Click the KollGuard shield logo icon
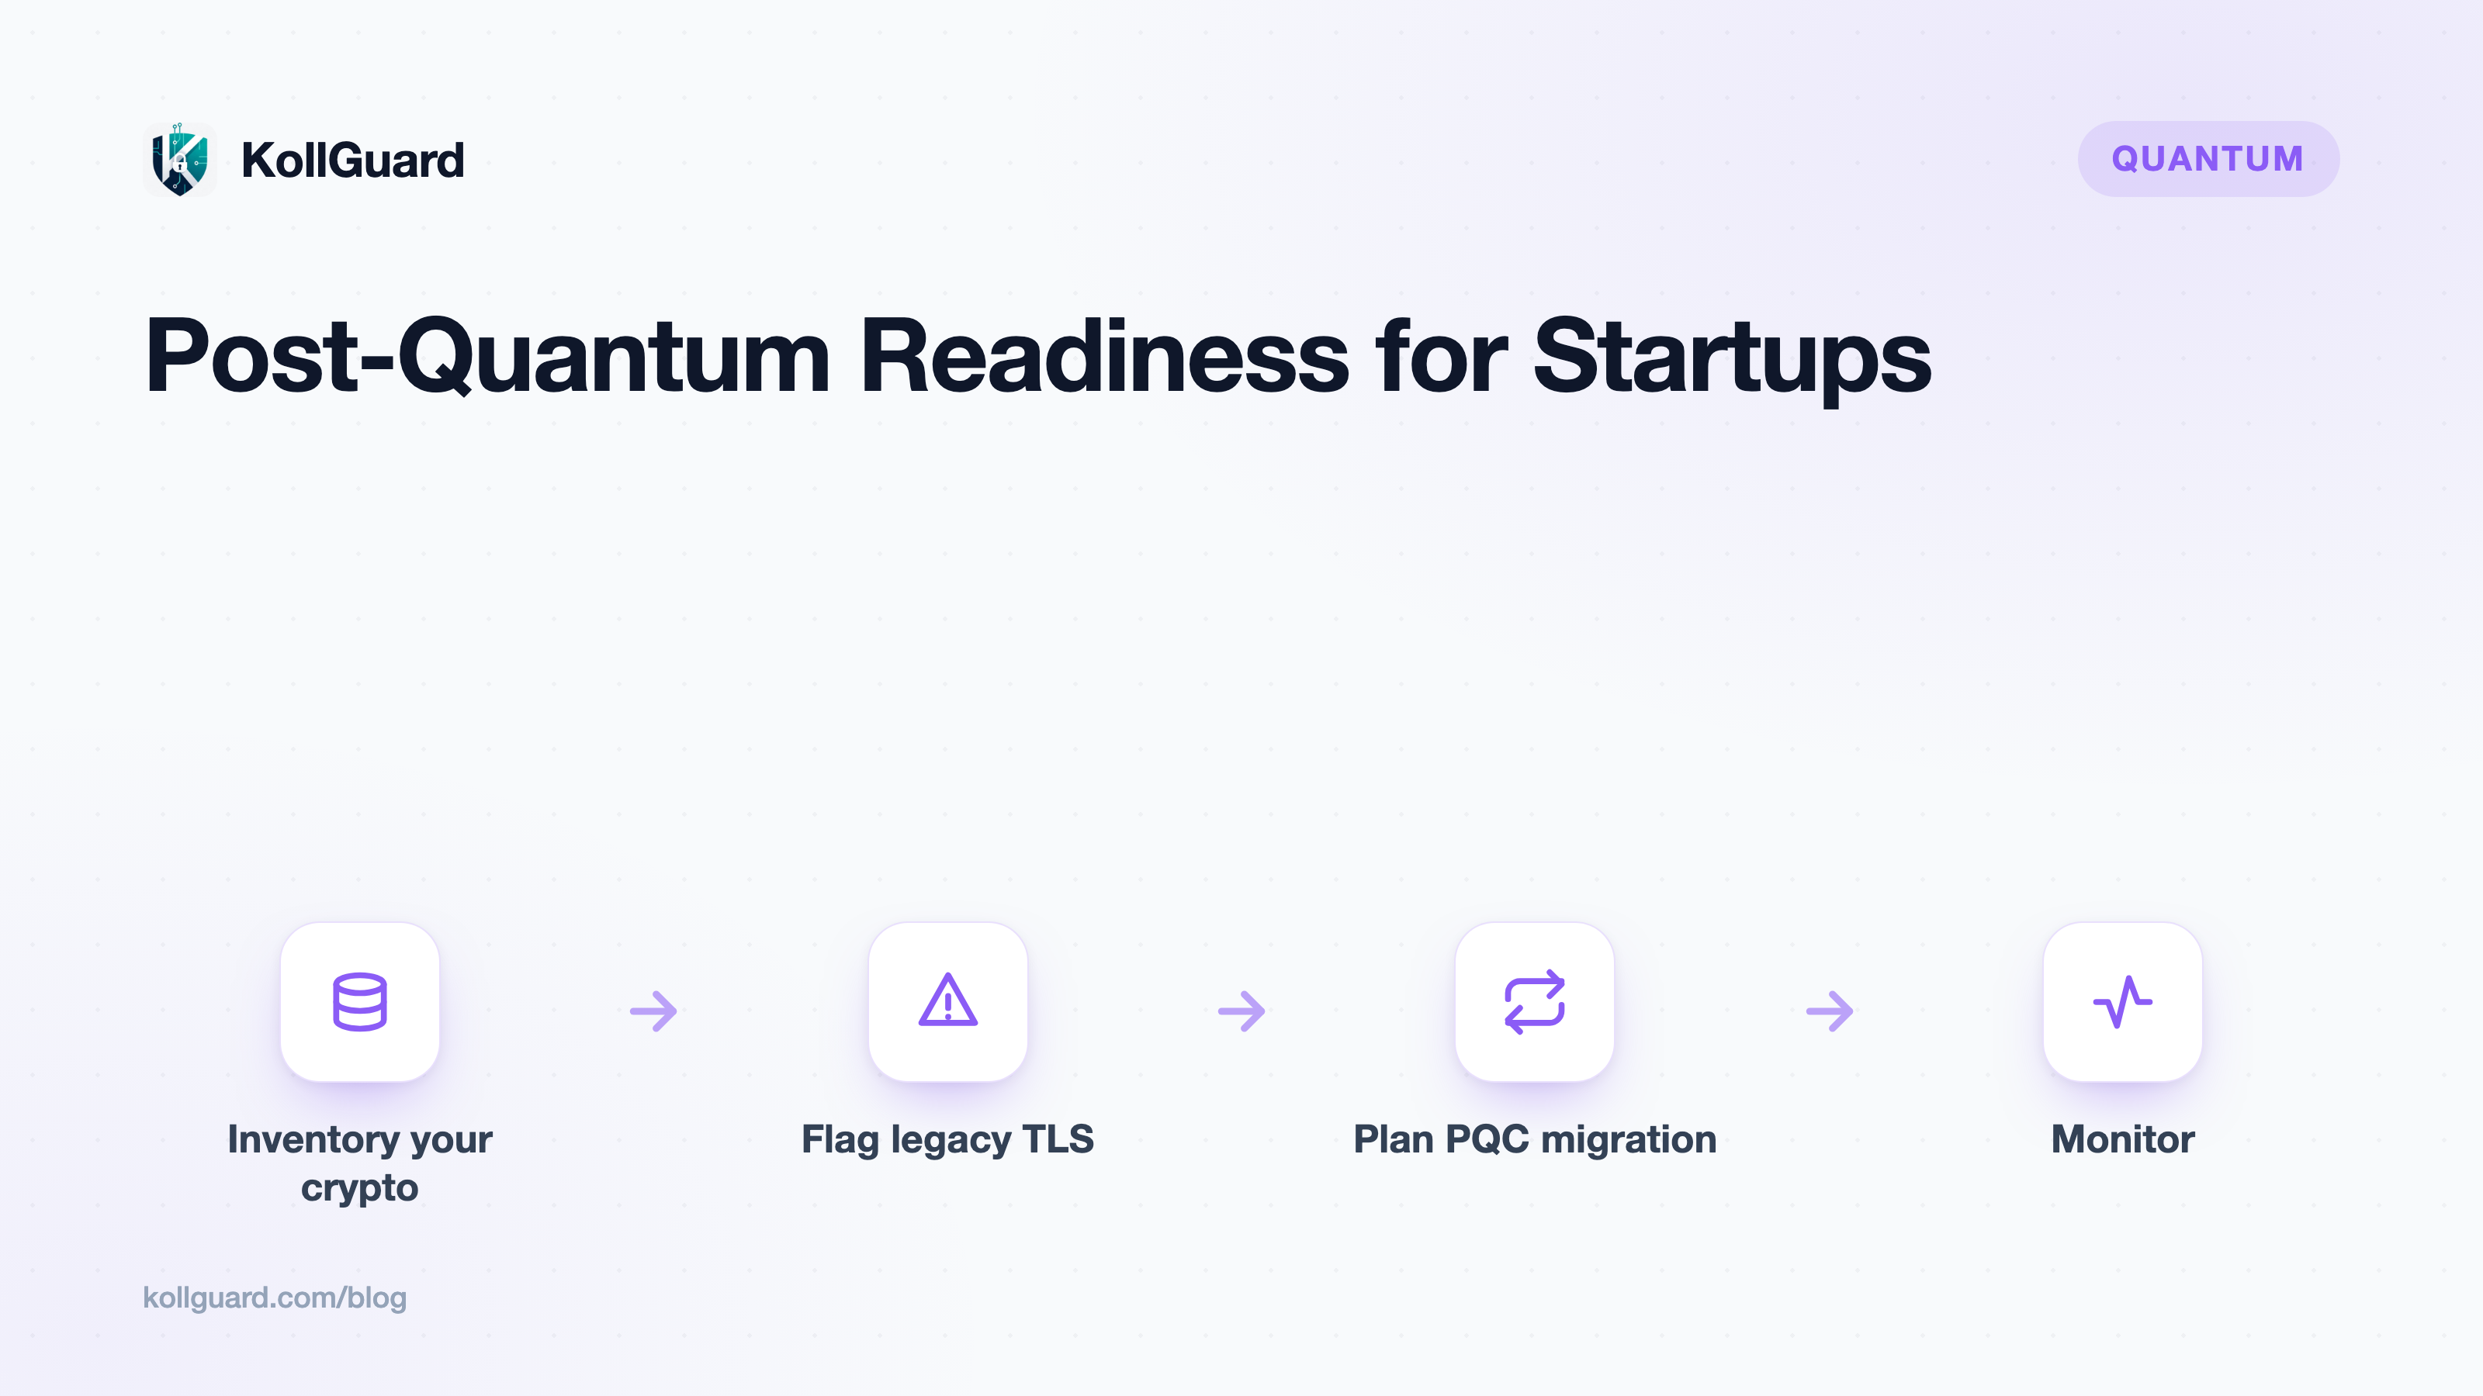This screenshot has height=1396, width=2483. [x=179, y=159]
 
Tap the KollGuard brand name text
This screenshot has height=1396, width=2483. [x=353, y=160]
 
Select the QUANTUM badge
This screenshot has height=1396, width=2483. [x=2208, y=159]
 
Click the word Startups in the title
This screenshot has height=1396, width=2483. [x=1732, y=358]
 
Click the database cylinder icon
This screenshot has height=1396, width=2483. [x=359, y=1002]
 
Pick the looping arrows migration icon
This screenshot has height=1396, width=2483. [x=1535, y=1002]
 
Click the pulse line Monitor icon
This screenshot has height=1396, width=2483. [x=2122, y=1002]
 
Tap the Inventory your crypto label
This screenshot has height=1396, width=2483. [x=359, y=1163]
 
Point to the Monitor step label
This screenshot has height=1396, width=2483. [x=2122, y=1139]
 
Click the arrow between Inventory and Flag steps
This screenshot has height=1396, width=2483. [x=653, y=1011]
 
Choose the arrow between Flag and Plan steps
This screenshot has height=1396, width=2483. [x=1241, y=1011]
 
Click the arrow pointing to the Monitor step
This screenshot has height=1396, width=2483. [x=1830, y=1011]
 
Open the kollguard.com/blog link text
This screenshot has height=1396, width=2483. [x=275, y=1298]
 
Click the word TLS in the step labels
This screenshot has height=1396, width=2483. [x=1058, y=1139]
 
